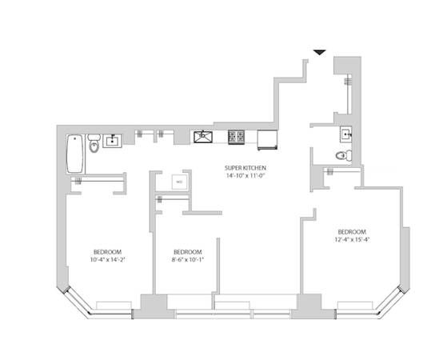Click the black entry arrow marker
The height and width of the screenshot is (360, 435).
coord(319,52)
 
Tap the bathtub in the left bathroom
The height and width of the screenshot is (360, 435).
coord(74,154)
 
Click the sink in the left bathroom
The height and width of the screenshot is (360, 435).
coord(112,142)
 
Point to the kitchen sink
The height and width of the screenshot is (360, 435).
coord(203,138)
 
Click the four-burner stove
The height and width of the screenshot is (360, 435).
coord(237,138)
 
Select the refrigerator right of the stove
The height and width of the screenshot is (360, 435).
coord(266,141)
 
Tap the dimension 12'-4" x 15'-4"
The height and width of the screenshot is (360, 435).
coord(352,237)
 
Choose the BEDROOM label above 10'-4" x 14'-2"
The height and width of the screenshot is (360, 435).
coord(107,250)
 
